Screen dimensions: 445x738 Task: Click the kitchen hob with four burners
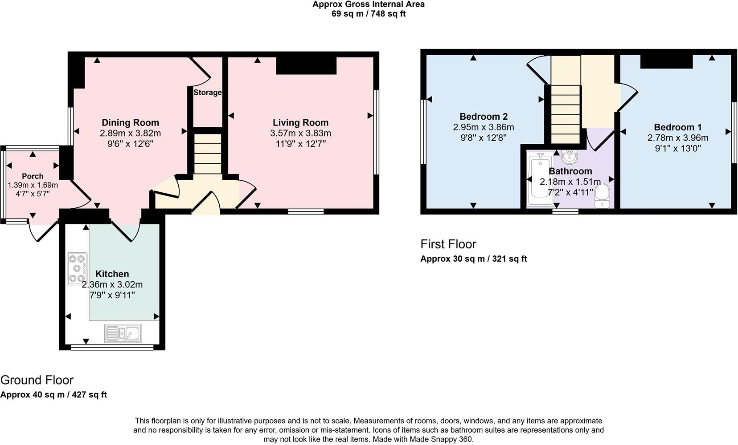[77, 269]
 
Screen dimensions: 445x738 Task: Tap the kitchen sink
[123, 333]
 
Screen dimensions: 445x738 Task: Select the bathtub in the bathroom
[539, 179]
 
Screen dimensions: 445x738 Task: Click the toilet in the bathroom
[602, 196]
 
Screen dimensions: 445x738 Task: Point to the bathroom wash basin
[570, 157]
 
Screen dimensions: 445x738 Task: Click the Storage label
[207, 93]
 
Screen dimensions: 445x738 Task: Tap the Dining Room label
[130, 122]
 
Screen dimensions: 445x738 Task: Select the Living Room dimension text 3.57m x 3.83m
[300, 133]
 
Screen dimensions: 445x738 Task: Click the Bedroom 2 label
[484, 117]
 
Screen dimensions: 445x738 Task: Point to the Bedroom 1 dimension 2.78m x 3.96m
[677, 138]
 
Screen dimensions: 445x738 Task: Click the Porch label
[33, 176]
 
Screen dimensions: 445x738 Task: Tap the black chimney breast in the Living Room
[306, 65]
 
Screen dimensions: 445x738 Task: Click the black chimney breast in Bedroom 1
[666, 61]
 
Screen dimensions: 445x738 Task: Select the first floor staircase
[566, 114]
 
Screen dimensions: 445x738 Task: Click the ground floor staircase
[207, 151]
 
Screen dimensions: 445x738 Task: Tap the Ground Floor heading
[37, 380]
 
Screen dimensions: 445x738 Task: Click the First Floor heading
[448, 244]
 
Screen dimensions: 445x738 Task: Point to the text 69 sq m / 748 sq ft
[368, 14]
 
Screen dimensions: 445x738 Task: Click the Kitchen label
[112, 274]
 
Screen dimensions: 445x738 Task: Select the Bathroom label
[570, 171]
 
